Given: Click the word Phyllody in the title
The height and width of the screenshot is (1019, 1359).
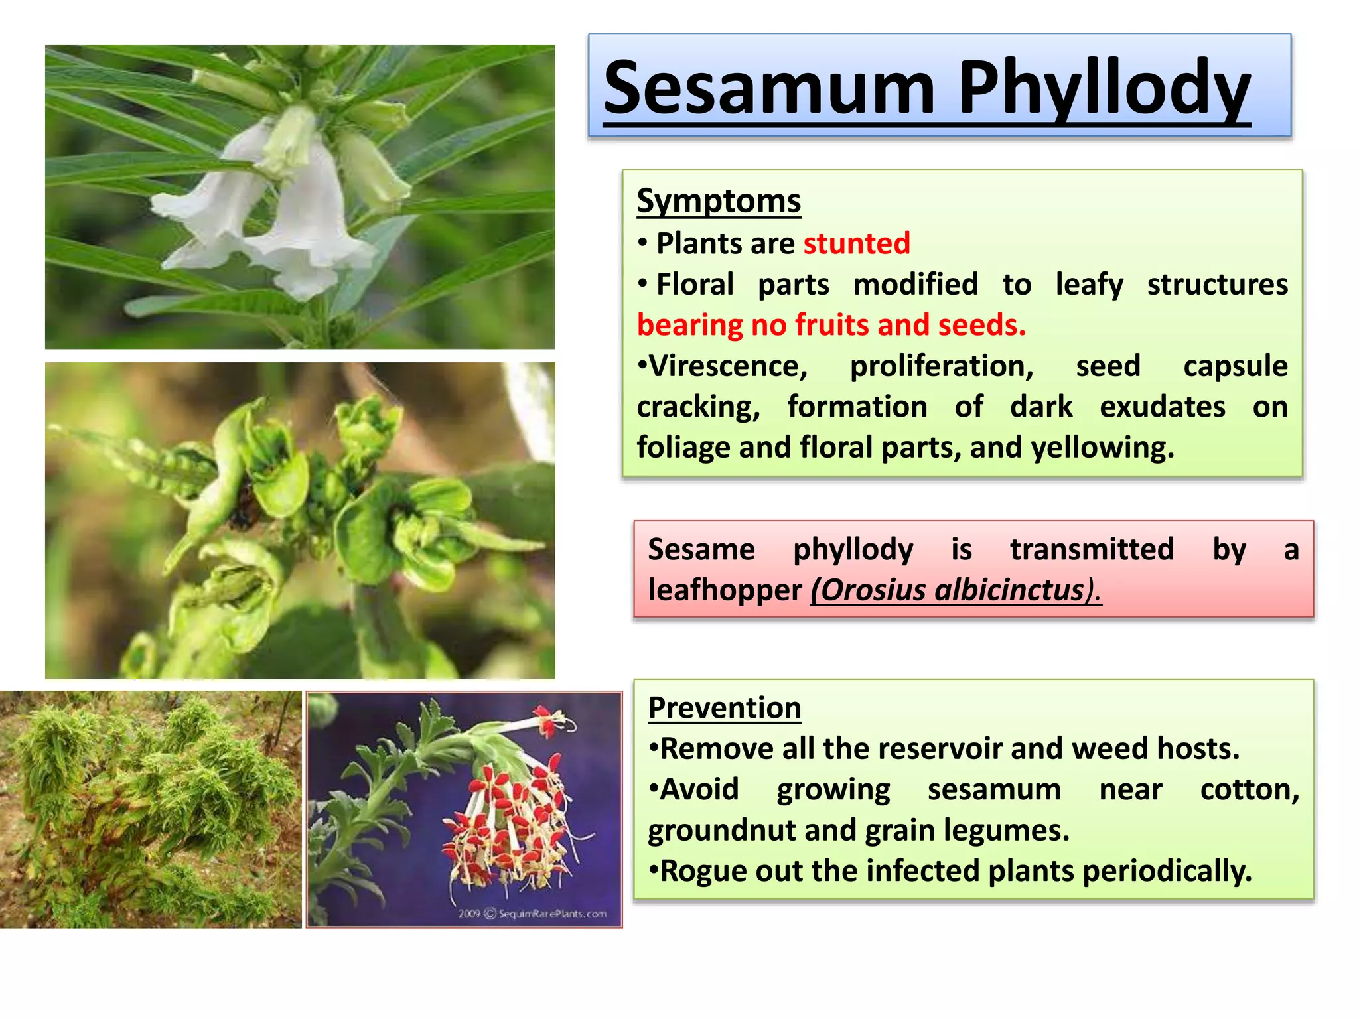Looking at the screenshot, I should (1104, 90).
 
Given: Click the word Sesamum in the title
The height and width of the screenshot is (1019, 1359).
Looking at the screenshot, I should (769, 90).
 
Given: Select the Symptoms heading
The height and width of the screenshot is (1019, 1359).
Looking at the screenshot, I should (719, 201).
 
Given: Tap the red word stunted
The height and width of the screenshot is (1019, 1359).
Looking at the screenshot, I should (857, 243).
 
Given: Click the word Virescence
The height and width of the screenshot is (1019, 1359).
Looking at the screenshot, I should (723, 366).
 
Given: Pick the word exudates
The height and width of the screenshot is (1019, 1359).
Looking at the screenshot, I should (1162, 407).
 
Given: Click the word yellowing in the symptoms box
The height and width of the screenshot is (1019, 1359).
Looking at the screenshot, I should (1102, 448).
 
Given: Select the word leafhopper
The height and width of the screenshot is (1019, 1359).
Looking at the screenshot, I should (725, 590).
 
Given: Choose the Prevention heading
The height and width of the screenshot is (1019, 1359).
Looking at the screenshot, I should (725, 708).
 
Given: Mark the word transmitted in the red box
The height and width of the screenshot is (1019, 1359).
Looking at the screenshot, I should (1092, 550).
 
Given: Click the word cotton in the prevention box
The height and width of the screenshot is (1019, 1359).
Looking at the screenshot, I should (1248, 789).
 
